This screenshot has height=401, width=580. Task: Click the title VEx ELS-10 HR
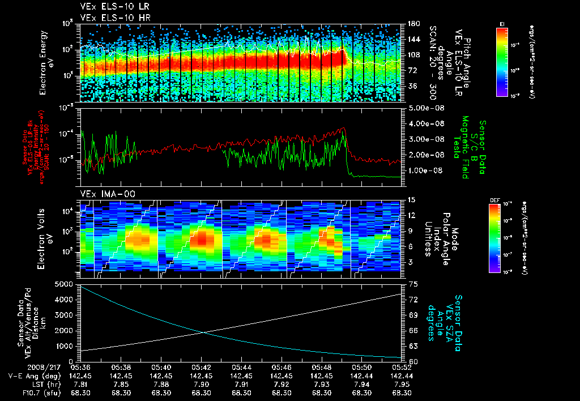(110, 18)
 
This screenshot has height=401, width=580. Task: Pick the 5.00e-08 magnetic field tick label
(424, 108)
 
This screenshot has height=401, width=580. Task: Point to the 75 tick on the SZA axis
(412, 283)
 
